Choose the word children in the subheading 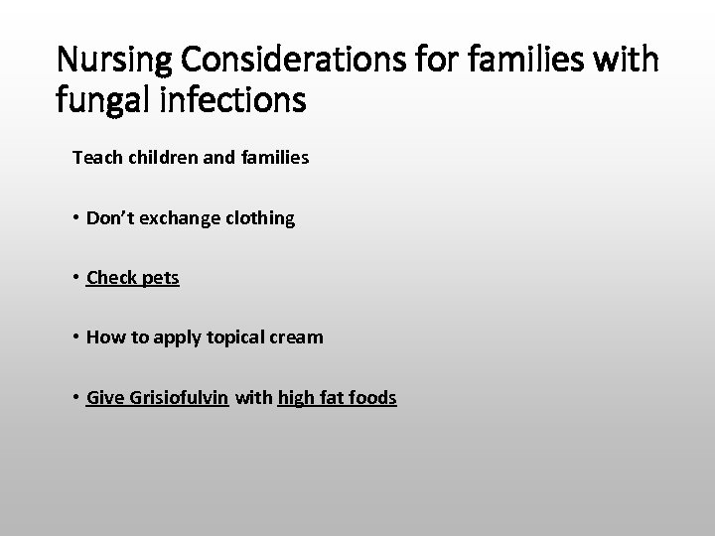[151, 158]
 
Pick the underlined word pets [160, 278]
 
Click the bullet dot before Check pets [76, 278]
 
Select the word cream [295, 337]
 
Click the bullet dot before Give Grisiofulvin [76, 397]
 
